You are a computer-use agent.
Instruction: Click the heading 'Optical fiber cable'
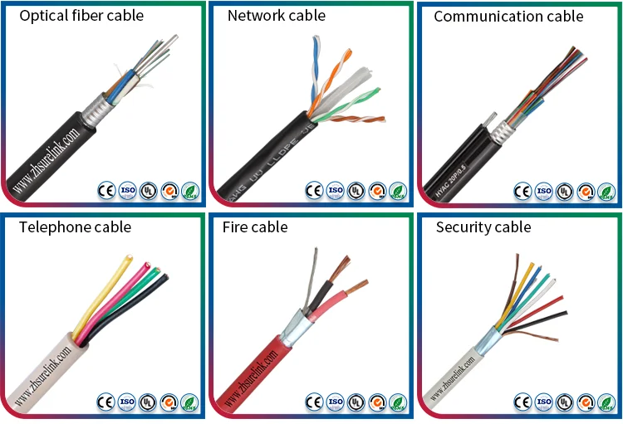tap(81, 16)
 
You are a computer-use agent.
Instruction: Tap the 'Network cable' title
tap(276, 16)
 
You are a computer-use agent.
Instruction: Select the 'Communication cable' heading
tap(508, 17)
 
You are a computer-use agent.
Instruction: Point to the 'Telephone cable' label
tap(75, 227)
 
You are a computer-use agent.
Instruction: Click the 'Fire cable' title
tap(255, 227)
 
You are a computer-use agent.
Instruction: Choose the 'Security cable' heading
tap(483, 227)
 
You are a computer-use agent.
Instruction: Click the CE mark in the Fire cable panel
tap(314, 402)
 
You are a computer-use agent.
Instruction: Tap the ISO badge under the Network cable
tap(336, 191)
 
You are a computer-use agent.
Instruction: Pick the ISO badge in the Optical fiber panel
tap(127, 191)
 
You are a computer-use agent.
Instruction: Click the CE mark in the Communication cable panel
tap(522, 191)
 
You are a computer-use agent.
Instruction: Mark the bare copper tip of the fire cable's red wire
tap(359, 288)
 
